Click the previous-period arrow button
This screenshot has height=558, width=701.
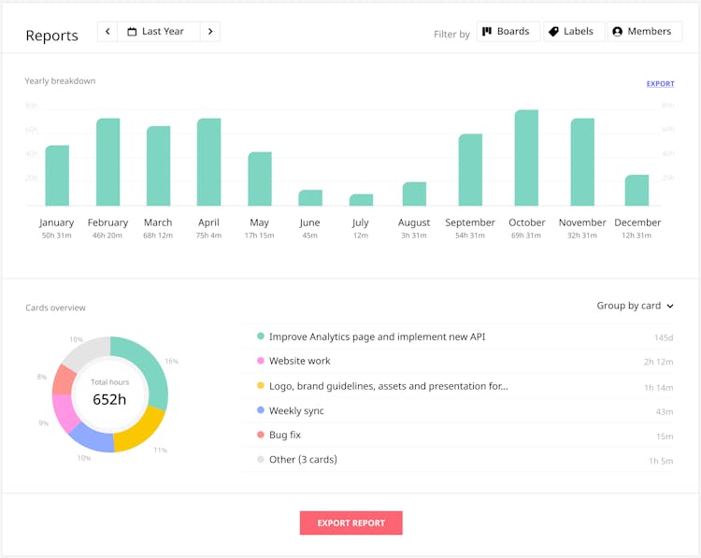point(108,32)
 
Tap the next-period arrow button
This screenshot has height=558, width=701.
point(210,32)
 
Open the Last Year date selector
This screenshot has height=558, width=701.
point(159,32)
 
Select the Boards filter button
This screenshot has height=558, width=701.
point(506,32)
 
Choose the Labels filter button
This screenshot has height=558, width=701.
point(570,32)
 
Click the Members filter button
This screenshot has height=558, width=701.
point(643,32)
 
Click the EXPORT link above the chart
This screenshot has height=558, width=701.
point(660,84)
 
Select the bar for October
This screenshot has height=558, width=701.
point(526,158)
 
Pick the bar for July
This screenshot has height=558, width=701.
point(361,200)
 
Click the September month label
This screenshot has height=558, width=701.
point(470,222)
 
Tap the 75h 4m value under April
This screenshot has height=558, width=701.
point(208,236)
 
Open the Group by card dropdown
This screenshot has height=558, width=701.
point(635,306)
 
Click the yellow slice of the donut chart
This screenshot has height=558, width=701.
point(141,427)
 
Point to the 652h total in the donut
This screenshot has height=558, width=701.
point(109,399)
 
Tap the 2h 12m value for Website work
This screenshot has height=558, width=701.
point(658,362)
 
